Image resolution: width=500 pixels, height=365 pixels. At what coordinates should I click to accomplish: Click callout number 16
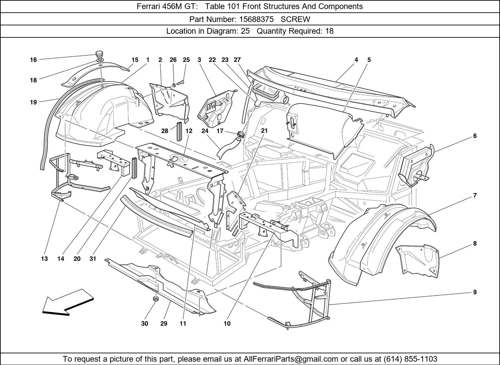[33, 60]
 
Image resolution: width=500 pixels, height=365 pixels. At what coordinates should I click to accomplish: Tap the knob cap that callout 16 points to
[99, 53]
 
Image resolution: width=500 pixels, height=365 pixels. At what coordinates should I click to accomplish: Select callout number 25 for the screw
[186, 60]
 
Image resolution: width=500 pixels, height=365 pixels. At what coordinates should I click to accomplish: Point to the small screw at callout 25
[181, 81]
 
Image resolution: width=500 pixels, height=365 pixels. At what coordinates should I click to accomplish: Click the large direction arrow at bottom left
[68, 302]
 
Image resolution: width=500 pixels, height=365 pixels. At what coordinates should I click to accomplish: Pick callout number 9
[475, 292]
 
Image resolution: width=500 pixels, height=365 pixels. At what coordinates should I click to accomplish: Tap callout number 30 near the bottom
[145, 323]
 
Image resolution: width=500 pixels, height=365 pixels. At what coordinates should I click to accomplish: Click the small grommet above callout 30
[155, 299]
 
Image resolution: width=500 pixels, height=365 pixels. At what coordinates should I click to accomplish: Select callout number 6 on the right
[475, 136]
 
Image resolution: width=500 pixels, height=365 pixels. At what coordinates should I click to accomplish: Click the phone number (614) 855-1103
[410, 359]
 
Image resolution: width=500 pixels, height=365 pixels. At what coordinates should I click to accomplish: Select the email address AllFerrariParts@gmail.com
[291, 359]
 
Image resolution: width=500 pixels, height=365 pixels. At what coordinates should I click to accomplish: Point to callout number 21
[264, 130]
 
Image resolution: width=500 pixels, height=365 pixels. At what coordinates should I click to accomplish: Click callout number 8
[475, 244]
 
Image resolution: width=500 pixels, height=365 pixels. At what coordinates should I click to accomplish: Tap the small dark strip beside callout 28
[179, 132]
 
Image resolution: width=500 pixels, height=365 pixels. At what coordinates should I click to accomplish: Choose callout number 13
[44, 259]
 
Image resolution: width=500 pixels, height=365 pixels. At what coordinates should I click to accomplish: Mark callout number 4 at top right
[356, 60]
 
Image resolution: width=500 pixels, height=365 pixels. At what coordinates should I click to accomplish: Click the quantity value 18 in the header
[329, 31]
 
